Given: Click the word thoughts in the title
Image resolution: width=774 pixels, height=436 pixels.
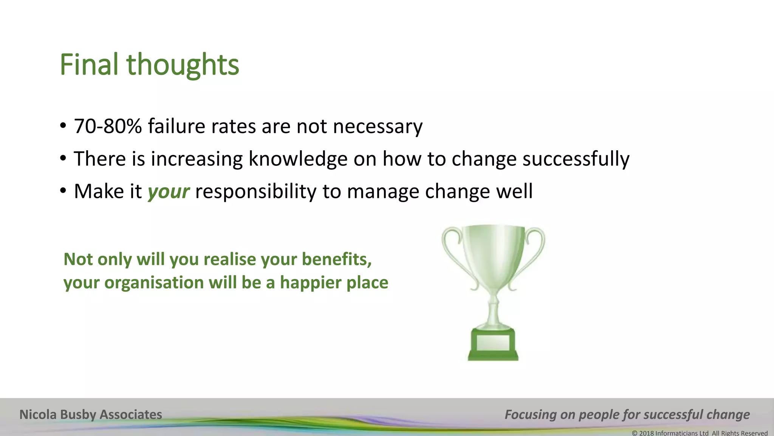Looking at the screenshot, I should click(183, 65).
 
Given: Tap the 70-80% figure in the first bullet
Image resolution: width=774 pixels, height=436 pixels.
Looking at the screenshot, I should click(107, 126).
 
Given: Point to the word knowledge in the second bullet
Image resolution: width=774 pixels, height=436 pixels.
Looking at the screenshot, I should click(298, 159).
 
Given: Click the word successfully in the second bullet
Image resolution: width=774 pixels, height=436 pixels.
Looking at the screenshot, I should click(576, 159).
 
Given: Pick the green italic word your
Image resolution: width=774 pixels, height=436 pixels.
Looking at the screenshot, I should click(168, 192).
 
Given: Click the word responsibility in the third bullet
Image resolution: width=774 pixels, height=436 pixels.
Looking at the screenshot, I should click(255, 192).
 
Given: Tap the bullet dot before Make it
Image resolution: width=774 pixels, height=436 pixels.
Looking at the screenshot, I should click(63, 190).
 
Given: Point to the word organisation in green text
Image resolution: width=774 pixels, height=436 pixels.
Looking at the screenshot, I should click(154, 283).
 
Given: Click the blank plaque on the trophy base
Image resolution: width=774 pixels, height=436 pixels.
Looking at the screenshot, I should click(493, 343).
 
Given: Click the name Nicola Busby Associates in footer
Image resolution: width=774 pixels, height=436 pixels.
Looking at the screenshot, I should click(91, 414).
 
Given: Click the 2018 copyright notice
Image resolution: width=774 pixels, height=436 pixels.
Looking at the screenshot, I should click(700, 433).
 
